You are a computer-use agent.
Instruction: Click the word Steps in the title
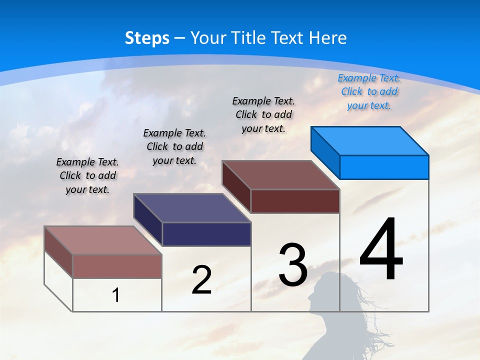[x=147, y=38]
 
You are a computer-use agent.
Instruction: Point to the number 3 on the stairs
[x=293, y=265]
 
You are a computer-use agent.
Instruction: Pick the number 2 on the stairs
[x=201, y=280]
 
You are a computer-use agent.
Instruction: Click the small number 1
[x=116, y=295]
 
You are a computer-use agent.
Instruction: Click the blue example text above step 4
[x=369, y=91]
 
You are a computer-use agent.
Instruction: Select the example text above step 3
[x=263, y=114]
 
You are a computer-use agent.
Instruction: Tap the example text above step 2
[x=174, y=146]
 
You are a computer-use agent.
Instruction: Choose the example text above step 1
[x=87, y=175]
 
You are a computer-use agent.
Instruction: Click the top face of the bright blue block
[x=370, y=140]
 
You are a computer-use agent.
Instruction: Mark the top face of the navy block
[x=192, y=208]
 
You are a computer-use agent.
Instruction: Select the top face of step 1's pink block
[x=103, y=240]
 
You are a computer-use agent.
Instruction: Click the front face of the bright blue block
[x=384, y=167]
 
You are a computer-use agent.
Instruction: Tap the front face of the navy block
[x=206, y=234]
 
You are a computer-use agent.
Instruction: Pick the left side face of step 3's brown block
[x=236, y=186]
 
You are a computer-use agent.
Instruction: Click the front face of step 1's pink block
[x=117, y=266]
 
